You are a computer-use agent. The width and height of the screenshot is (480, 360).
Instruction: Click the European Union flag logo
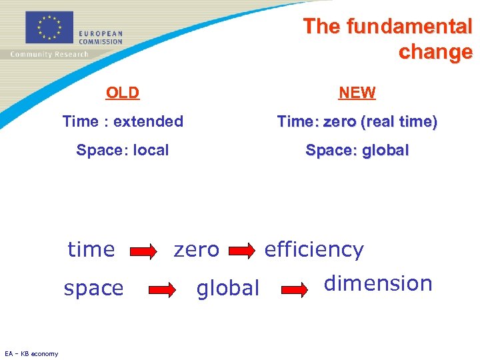(x=49, y=27)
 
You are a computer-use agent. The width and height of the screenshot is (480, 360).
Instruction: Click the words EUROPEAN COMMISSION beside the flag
(x=100, y=37)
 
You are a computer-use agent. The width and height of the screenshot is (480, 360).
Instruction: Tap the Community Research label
(x=49, y=54)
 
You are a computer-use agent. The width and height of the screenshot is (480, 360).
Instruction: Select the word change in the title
(x=435, y=52)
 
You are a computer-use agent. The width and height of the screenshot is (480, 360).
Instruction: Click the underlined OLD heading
(x=123, y=93)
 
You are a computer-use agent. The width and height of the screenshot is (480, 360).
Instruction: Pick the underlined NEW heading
(x=357, y=93)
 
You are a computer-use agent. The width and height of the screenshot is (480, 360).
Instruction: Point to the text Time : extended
(x=123, y=121)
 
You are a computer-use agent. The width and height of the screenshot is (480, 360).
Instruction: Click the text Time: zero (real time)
(x=357, y=121)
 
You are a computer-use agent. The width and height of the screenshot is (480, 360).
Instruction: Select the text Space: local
(x=123, y=150)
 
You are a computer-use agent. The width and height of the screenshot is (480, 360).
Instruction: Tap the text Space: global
(x=357, y=150)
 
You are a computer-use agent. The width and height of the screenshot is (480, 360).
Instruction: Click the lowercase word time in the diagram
(x=91, y=249)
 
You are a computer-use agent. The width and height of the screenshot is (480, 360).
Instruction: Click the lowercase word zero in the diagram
(x=196, y=249)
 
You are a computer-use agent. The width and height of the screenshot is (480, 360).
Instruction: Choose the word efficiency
(x=314, y=249)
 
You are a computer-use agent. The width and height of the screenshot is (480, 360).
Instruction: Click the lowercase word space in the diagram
(x=93, y=288)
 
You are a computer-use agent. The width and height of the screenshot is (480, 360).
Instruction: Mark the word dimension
(x=378, y=283)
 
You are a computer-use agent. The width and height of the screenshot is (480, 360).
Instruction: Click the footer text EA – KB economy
(x=31, y=353)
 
